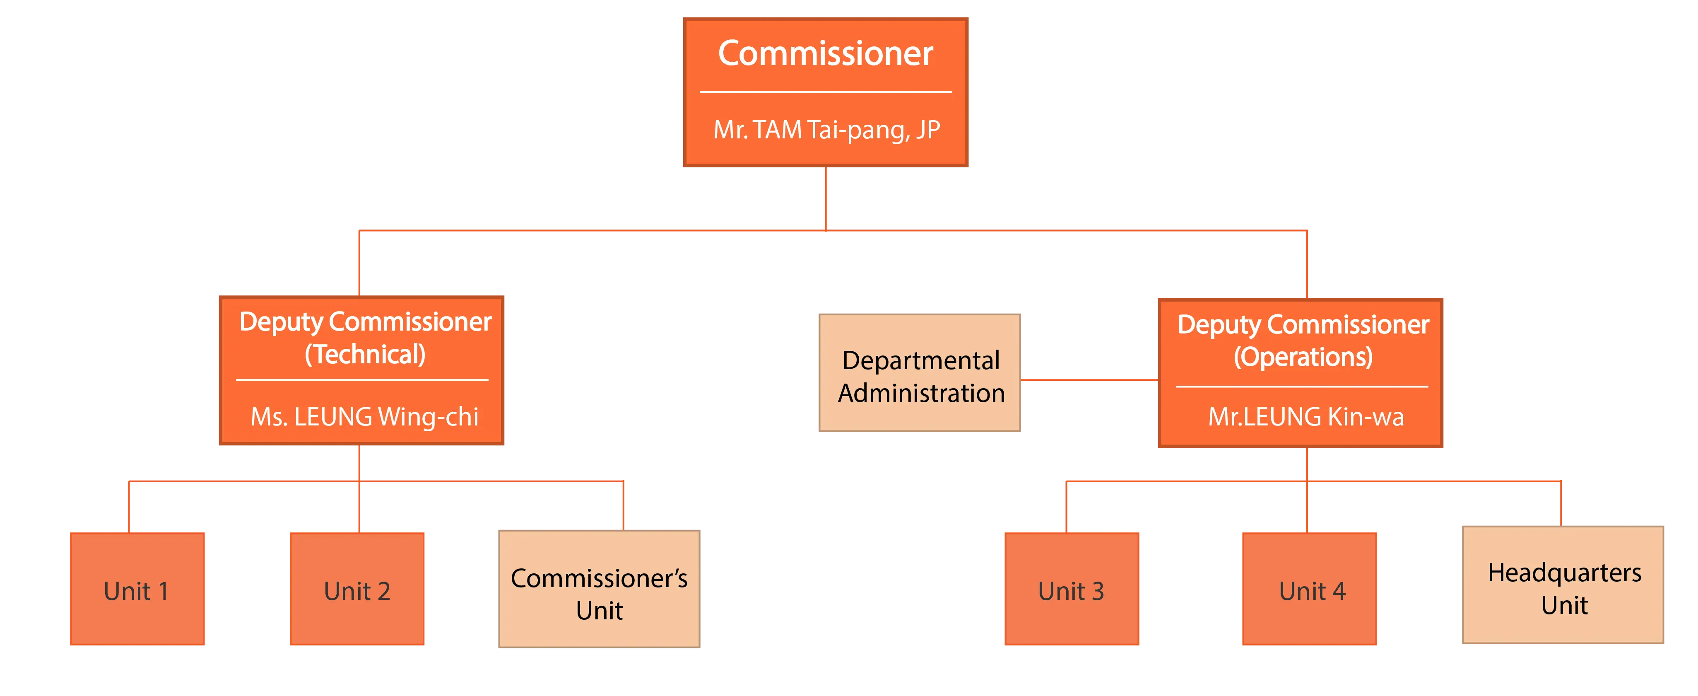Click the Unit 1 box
(137, 588)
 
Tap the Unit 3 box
(1072, 588)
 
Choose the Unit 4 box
(1310, 588)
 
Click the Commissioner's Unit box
(599, 588)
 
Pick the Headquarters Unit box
(1563, 585)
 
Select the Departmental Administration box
(920, 373)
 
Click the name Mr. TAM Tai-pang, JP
(826, 130)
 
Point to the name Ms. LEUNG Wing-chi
(364, 417)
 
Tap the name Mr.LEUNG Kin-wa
(1306, 417)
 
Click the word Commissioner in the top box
(825, 53)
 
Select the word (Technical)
(364, 354)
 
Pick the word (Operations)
(1303, 357)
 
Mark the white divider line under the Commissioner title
(826, 92)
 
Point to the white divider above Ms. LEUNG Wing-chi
(362, 380)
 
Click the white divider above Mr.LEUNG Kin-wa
(1302, 387)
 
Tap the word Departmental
(921, 361)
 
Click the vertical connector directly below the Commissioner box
(826, 198)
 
